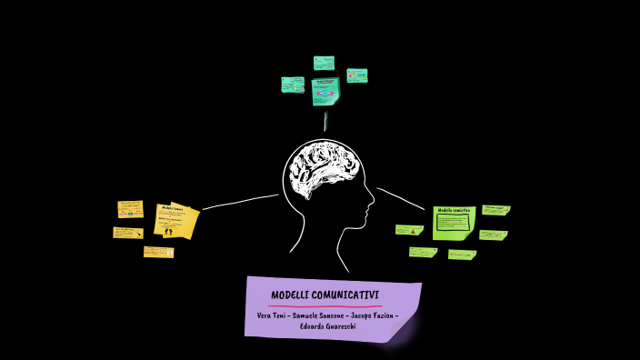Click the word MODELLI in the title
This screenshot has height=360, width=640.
289,295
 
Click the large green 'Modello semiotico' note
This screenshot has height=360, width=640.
454,222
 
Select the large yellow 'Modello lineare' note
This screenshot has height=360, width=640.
175,219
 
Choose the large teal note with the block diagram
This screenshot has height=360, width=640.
325,91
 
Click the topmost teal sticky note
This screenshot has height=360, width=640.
324,63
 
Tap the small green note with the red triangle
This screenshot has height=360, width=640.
409,230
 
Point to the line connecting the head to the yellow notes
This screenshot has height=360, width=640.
240,201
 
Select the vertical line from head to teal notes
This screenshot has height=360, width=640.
325,123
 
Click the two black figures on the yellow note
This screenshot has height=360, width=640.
168,230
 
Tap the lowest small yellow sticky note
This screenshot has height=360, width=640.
158,252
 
